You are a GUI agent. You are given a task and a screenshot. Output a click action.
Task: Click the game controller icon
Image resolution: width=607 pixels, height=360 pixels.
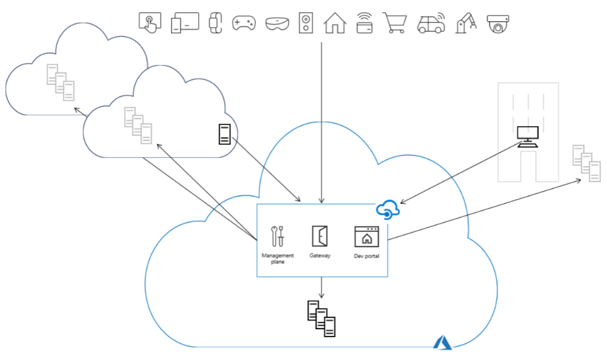click(x=243, y=23)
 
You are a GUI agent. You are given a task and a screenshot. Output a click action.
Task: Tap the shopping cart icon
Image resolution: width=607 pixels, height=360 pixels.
click(x=395, y=23)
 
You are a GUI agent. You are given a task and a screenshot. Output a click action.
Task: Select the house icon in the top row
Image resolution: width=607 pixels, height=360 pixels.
click(x=335, y=22)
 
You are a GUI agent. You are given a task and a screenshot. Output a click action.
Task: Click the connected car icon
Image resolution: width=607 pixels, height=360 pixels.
click(x=431, y=23)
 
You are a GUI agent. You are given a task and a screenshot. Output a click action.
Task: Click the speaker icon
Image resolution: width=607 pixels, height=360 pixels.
click(x=306, y=23)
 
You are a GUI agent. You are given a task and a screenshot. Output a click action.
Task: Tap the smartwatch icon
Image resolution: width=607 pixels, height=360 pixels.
click(x=215, y=23)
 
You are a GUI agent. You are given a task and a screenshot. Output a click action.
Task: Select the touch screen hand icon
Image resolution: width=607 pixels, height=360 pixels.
click(x=150, y=22)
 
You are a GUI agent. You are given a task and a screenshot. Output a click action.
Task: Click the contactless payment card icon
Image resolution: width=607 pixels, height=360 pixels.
click(x=365, y=23)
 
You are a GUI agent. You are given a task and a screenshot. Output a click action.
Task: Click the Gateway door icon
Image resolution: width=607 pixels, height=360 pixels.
click(x=320, y=236)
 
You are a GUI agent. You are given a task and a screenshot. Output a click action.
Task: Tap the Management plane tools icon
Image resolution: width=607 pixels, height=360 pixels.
click(x=278, y=236)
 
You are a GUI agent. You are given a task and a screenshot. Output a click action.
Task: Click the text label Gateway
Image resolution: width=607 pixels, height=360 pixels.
click(x=320, y=255)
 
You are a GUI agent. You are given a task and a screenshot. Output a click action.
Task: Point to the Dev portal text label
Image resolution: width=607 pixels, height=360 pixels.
click(x=366, y=256)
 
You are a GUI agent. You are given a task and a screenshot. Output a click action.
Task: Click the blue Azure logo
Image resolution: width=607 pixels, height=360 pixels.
click(x=443, y=343)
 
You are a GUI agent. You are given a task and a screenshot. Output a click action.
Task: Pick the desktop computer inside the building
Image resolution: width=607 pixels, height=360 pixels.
click(x=528, y=136)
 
